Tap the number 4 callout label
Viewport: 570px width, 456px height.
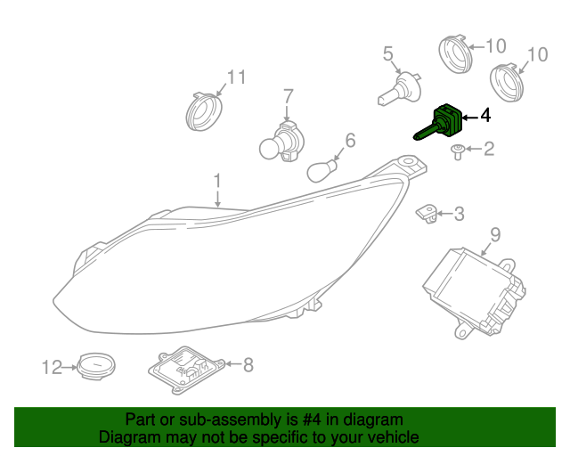[x=484, y=116]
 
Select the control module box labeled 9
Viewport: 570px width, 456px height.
[x=472, y=286]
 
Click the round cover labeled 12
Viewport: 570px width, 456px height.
[x=96, y=365]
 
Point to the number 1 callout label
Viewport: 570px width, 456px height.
[x=216, y=182]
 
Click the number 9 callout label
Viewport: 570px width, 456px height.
[x=495, y=235]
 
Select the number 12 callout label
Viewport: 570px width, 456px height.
[x=53, y=366]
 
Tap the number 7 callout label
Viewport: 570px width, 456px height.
[x=288, y=96]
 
